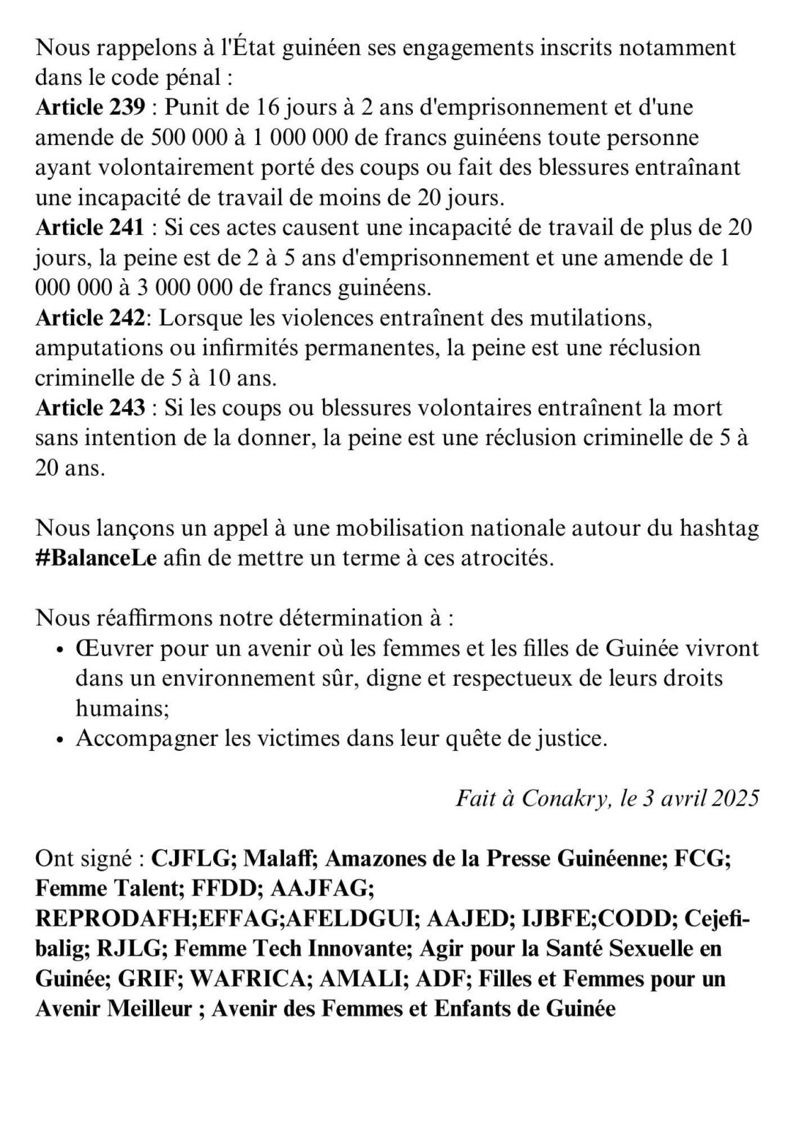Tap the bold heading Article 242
click(x=91, y=318)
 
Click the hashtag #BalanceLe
click(x=95, y=558)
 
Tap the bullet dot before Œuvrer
click(x=62, y=649)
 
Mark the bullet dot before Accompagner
click(x=62, y=739)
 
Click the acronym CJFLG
click(x=192, y=858)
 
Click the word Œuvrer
click(x=114, y=648)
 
